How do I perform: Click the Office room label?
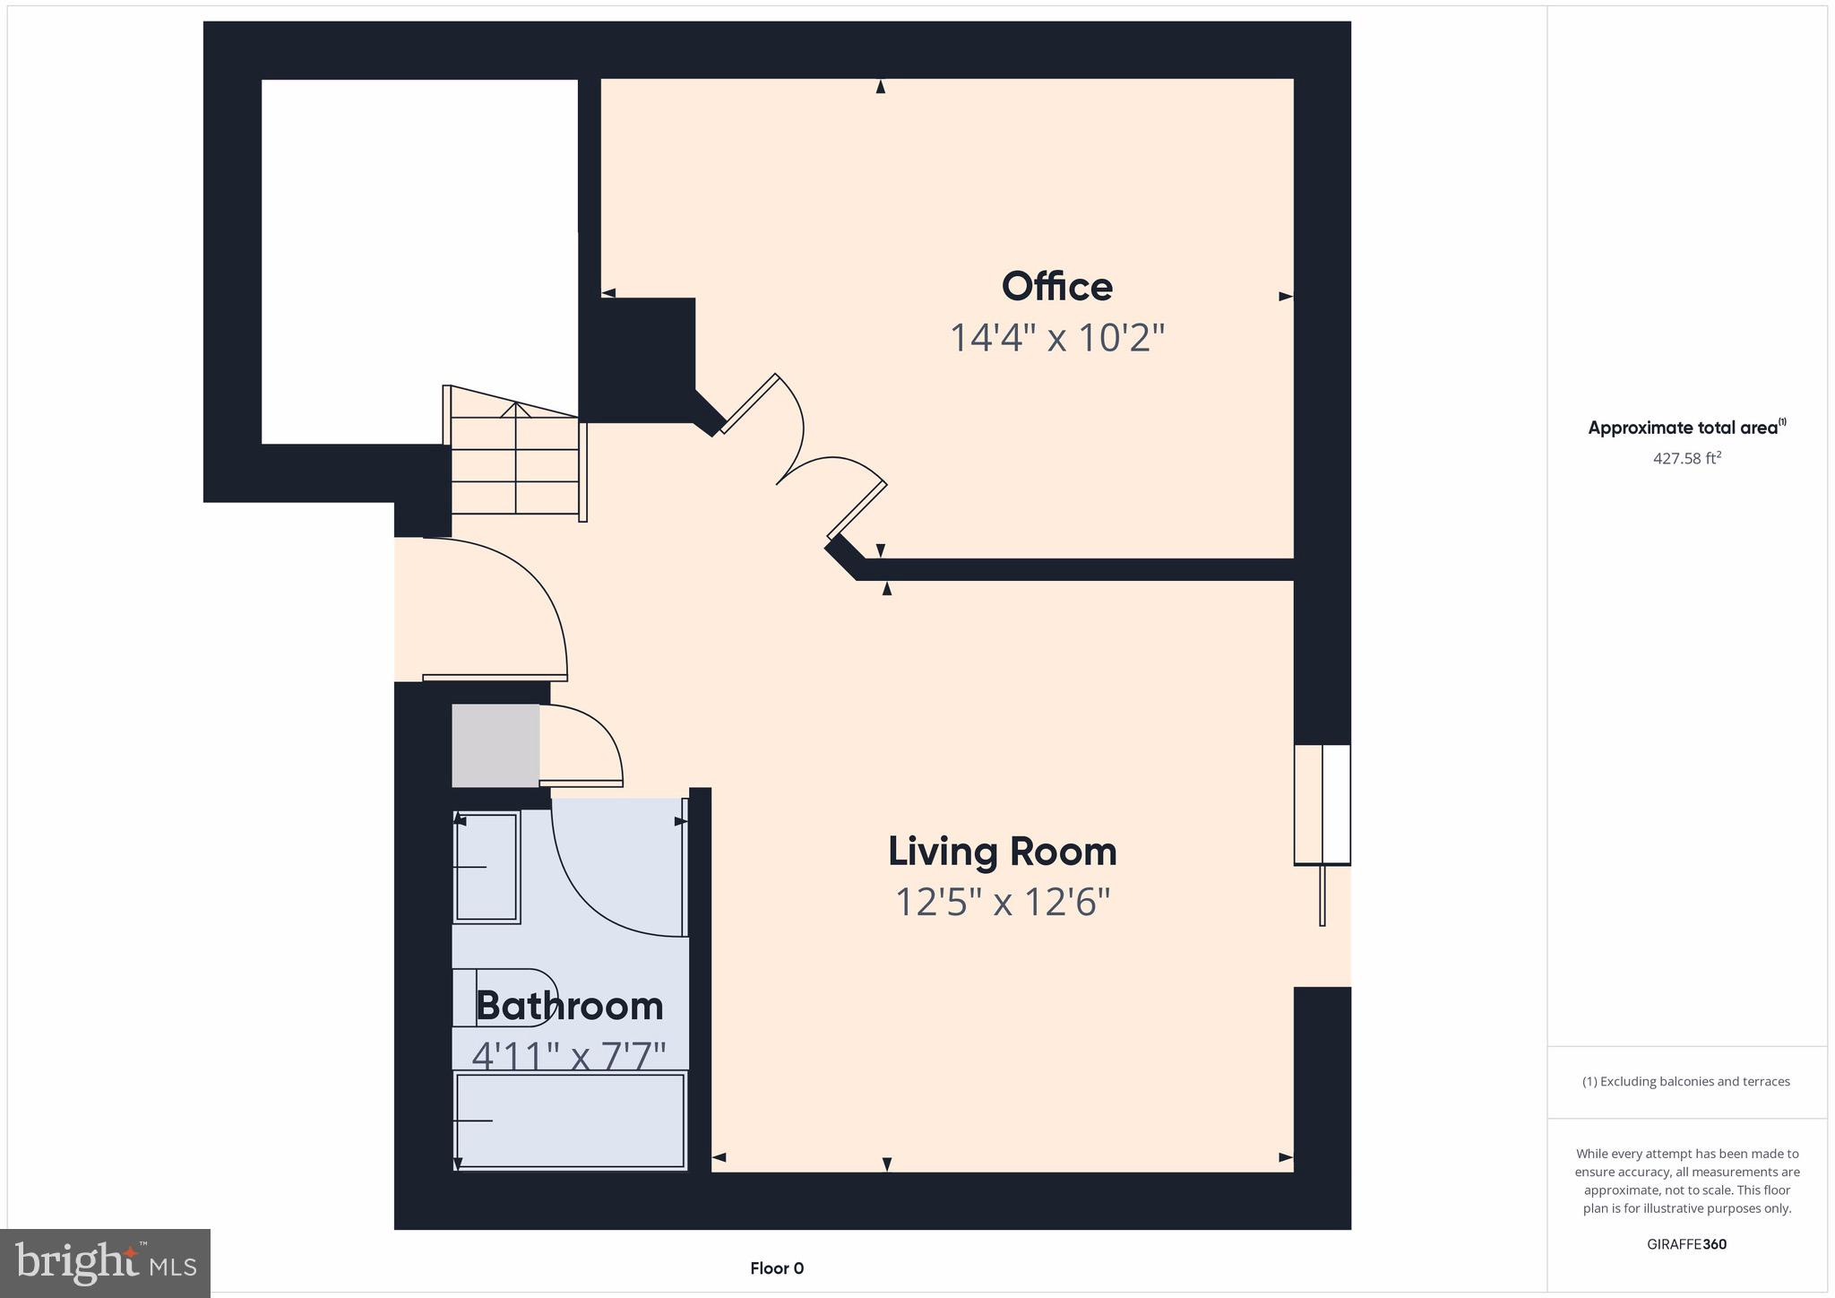[1056, 288]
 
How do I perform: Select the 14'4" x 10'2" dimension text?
[1056, 339]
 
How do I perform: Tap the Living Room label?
[1002, 852]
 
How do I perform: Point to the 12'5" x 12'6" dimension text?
[1002, 902]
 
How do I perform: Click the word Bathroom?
[569, 1006]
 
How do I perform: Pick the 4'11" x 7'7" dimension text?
[569, 1056]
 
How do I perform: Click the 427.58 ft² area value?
[1686, 459]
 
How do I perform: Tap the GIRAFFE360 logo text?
[1686, 1244]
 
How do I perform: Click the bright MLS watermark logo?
[106, 1263]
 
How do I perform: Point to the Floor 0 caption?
[777, 1268]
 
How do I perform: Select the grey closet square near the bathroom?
[495, 746]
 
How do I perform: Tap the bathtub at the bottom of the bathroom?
[571, 1121]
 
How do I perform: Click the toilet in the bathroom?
[502, 998]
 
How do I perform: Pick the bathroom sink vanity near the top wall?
[487, 867]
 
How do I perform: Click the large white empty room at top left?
[419, 260]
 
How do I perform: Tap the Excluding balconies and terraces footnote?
[1686, 1082]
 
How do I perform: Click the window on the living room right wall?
[1322, 804]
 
